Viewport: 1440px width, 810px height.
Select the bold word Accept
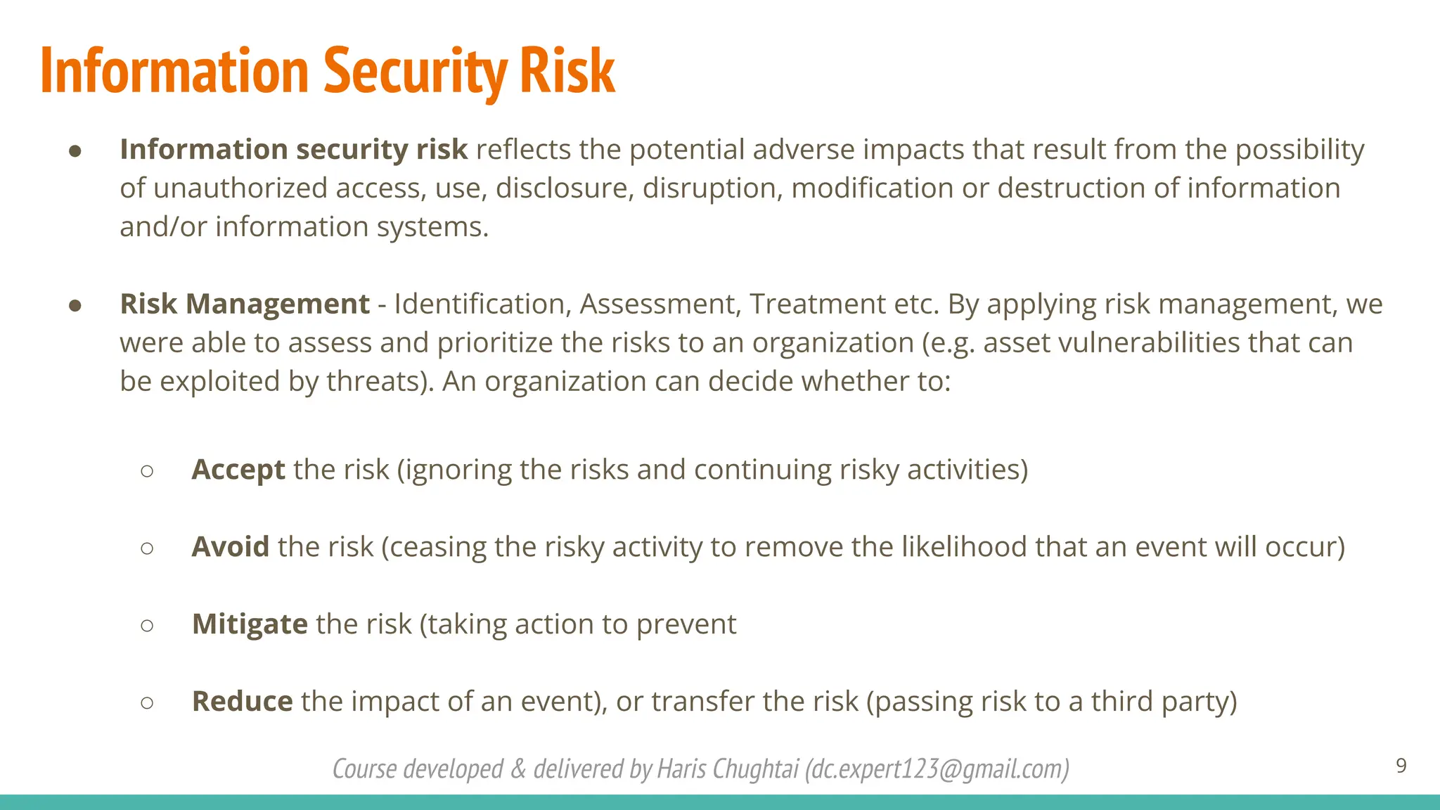coord(238,470)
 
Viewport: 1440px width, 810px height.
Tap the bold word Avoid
coord(230,547)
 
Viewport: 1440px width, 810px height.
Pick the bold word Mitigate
coord(250,624)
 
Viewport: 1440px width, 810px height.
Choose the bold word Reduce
coord(242,702)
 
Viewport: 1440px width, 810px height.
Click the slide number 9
coord(1401,766)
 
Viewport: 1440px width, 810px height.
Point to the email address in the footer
coord(937,769)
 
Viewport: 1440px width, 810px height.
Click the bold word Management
coord(277,304)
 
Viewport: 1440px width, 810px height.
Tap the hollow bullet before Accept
coord(147,470)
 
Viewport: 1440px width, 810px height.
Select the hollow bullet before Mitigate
coord(147,625)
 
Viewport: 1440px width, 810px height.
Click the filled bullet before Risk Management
coord(76,305)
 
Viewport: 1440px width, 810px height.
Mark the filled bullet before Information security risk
coord(76,150)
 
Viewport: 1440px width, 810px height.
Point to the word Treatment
coord(817,304)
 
